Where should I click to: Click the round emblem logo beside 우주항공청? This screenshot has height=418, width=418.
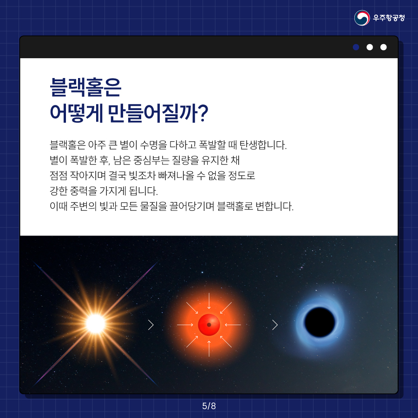point(362,18)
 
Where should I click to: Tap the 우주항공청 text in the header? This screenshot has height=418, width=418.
point(389,18)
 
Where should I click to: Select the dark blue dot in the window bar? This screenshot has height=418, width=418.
point(356,47)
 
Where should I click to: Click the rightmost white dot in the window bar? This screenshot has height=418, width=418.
point(383,47)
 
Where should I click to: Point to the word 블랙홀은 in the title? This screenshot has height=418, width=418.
point(85,87)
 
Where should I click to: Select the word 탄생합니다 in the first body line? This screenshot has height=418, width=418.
point(263,145)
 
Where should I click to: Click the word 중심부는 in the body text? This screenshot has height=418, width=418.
point(151,160)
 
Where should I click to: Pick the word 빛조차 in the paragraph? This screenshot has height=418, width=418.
point(142,176)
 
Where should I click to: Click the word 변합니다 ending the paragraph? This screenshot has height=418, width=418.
point(274,206)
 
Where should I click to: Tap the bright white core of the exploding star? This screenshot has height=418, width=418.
point(95,324)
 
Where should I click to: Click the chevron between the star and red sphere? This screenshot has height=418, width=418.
point(151,325)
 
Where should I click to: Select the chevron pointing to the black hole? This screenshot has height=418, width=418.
point(275,325)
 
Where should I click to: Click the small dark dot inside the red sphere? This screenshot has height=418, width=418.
point(209,325)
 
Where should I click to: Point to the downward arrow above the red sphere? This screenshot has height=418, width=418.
point(209,301)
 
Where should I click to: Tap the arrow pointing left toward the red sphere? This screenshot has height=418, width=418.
point(233,325)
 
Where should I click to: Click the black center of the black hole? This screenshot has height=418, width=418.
point(320,322)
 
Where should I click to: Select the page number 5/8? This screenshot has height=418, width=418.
point(209,406)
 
